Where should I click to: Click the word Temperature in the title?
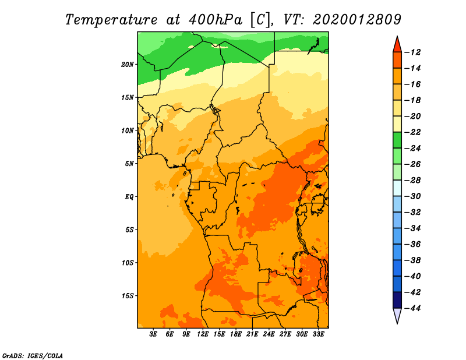click(111, 20)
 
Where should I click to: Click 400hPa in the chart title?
click(215, 20)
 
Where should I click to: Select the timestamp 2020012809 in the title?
click(357, 20)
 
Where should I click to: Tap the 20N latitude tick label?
click(128, 65)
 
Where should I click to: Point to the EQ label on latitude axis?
click(129, 197)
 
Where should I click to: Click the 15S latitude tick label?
click(128, 296)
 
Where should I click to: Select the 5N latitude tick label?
click(129, 164)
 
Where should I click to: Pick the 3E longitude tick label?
click(153, 334)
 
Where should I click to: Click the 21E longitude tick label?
click(252, 334)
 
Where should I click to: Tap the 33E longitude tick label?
click(318, 334)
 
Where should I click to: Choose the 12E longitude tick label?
click(202, 334)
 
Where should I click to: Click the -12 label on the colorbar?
click(412, 52)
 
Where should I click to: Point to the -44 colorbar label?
click(412, 308)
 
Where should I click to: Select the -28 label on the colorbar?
click(412, 181)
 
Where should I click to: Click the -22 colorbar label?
click(412, 132)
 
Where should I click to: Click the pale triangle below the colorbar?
click(397, 315)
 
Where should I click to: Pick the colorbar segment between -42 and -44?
click(397, 300)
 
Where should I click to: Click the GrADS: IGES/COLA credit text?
click(33, 356)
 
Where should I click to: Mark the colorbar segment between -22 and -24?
click(397, 140)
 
